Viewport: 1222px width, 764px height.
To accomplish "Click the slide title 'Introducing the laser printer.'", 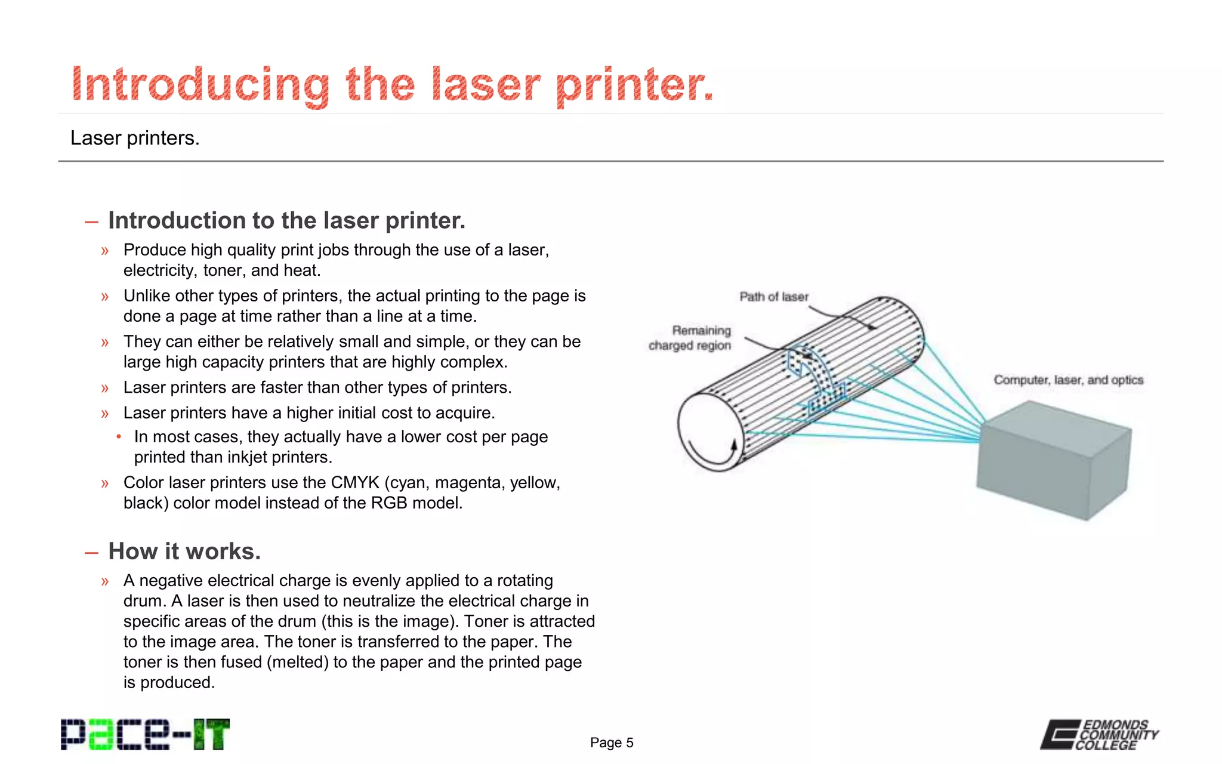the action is (x=392, y=85).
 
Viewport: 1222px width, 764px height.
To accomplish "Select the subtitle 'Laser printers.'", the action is (x=135, y=138).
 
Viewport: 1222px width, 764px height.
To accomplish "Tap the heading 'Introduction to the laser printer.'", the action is (x=286, y=220).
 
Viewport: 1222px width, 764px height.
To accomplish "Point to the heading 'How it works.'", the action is (x=184, y=551).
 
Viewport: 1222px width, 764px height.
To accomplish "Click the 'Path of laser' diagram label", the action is (x=774, y=297).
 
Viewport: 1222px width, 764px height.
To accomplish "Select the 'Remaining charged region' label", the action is (x=690, y=338).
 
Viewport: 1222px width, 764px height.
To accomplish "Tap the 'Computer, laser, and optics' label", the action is (x=1068, y=380).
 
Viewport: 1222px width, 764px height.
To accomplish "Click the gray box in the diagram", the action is (x=1054, y=460).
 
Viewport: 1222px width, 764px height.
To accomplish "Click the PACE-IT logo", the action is (x=145, y=734).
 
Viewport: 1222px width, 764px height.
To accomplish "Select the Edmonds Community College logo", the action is (x=1099, y=734).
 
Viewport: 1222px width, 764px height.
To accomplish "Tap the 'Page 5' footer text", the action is (x=612, y=743).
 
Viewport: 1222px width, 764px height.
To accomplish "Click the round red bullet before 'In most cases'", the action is (x=119, y=437).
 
